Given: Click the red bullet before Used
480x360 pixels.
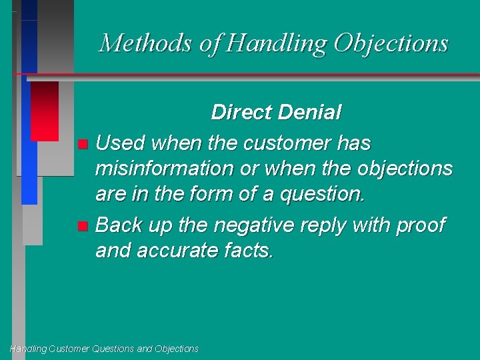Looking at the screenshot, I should pos(82,143).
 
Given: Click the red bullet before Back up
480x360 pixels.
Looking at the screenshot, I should pos(82,226).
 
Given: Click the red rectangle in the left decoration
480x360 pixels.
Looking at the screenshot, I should pos(45,111).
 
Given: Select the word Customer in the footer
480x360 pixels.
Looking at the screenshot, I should pos(69,349).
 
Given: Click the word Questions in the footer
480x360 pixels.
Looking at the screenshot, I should pos(114,349).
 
